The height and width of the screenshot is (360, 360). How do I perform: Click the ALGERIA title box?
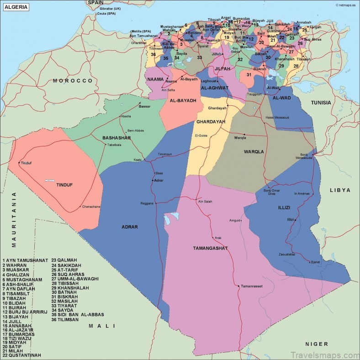point(16,7)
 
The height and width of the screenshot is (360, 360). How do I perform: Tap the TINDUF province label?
point(64,185)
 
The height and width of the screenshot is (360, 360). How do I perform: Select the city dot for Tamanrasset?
point(238,286)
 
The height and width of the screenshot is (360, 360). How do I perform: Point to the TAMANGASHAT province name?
point(210,248)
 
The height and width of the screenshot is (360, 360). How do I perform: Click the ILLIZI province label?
point(284,208)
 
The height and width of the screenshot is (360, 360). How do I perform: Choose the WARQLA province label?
point(254,151)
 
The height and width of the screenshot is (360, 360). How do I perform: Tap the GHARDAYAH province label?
point(211,122)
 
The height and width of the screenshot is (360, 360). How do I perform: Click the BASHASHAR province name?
point(116,138)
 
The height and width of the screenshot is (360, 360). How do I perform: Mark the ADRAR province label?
point(130,227)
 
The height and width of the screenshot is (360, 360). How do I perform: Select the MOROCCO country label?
point(73,81)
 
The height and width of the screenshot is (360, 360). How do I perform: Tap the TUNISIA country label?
point(321,103)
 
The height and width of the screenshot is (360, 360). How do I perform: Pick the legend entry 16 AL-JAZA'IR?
point(18,329)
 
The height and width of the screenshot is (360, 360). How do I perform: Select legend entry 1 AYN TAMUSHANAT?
point(25,260)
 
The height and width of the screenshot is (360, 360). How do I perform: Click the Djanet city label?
point(315,262)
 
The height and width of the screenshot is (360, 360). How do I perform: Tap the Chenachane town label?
point(91,207)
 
